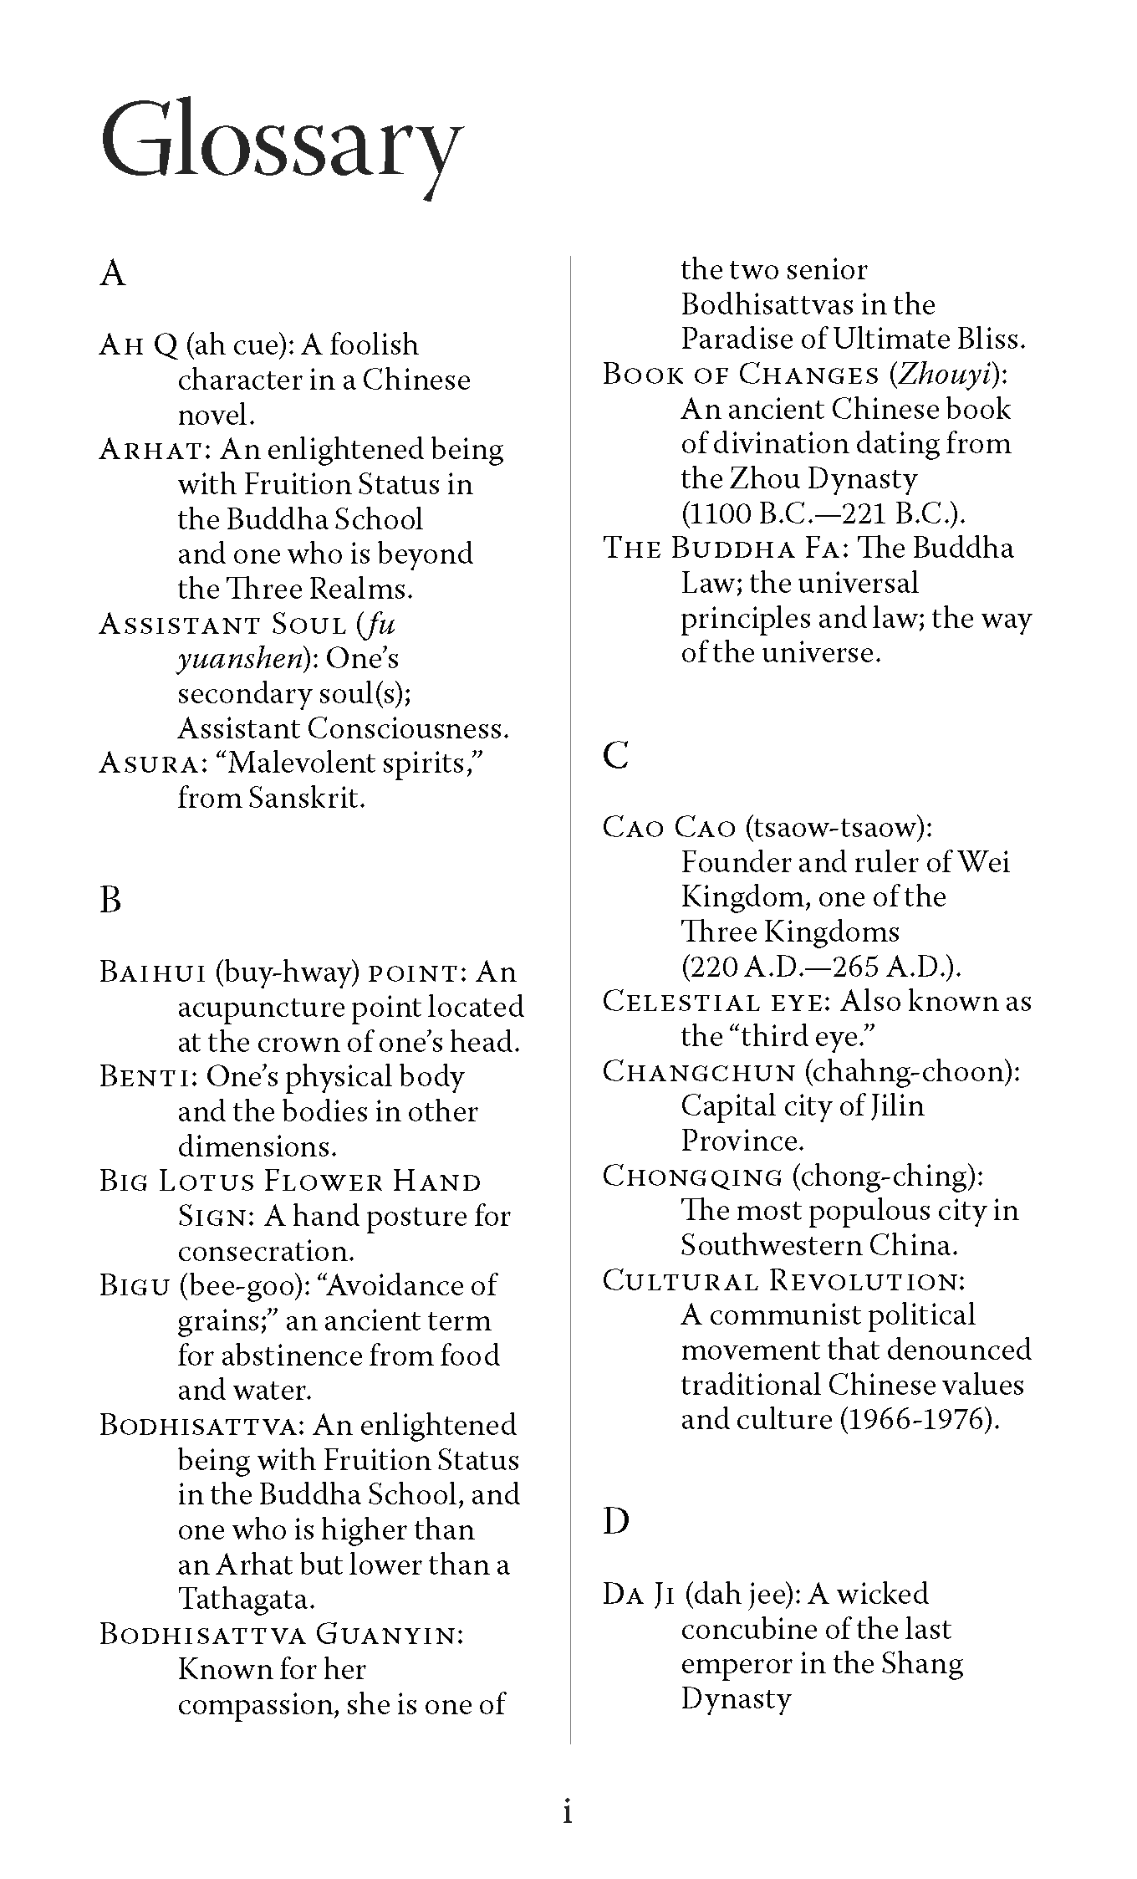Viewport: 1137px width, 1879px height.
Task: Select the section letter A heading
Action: (112, 273)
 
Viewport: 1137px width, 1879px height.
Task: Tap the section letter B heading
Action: (110, 900)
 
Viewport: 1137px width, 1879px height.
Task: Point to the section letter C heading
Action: (615, 755)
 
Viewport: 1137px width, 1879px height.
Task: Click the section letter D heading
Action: (616, 1521)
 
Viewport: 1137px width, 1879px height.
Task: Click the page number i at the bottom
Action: (568, 1811)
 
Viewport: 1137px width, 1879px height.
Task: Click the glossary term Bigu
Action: (135, 1285)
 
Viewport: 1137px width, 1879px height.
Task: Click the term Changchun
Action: (698, 1071)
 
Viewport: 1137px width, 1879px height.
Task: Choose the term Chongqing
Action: (692, 1176)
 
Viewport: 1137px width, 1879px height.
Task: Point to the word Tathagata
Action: (246, 1600)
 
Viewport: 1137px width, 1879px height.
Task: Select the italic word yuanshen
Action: (239, 660)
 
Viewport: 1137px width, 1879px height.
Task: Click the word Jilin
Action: (895, 1106)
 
